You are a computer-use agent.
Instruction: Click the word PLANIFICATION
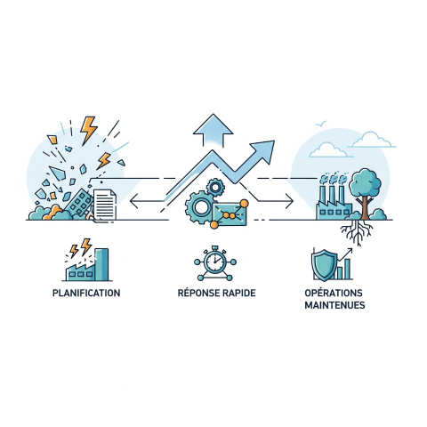86,293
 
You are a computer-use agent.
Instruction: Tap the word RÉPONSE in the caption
197,293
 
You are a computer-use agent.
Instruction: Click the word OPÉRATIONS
334,293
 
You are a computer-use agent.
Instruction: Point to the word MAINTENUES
334,305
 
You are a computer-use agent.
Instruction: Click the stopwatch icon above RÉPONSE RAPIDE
215,262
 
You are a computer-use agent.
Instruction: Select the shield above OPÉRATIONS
324,265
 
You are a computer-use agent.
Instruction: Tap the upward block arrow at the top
213,130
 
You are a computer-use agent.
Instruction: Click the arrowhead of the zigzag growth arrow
263,150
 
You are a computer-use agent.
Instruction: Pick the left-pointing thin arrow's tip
131,201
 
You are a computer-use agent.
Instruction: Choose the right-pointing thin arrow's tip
293,201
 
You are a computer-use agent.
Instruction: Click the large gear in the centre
200,207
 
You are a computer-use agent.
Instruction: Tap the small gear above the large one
215,187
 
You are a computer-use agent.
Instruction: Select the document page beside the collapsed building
105,205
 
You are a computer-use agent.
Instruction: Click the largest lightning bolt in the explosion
88,130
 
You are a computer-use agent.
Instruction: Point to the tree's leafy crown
365,182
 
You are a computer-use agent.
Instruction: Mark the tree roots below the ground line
357,232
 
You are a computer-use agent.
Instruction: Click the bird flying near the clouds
321,124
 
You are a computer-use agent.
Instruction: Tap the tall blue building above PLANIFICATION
101,264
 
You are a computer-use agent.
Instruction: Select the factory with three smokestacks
334,201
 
